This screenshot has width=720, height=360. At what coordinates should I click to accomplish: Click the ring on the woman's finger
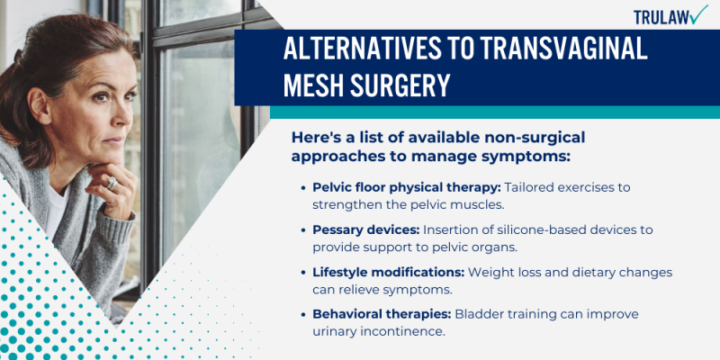click(x=111, y=184)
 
